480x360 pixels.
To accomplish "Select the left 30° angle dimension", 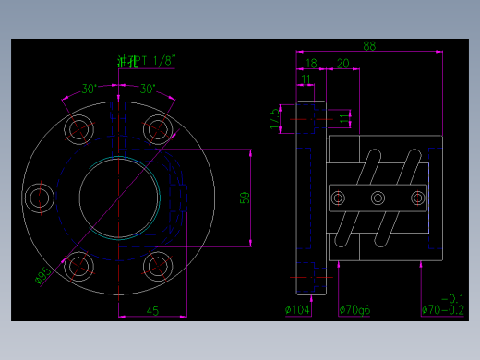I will [x=90, y=90].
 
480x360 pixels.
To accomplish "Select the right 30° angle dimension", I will [x=147, y=90].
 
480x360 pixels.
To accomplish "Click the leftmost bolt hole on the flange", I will [x=40, y=198].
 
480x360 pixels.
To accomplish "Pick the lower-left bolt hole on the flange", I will [x=78, y=268].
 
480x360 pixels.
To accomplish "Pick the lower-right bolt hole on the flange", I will [x=158, y=268].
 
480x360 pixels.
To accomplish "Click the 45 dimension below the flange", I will [x=153, y=310].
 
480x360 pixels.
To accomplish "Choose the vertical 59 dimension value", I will [x=245, y=198].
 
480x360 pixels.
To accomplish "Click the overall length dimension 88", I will [x=369, y=46].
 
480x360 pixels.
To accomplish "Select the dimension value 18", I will [x=311, y=64].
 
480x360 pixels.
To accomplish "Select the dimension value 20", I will [x=342, y=64].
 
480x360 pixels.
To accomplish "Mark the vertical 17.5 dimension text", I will [x=274, y=118].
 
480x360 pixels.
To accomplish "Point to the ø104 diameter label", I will [x=297, y=309].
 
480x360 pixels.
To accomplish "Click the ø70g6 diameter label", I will [x=354, y=309].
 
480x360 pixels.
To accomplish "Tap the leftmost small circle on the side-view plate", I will [x=339, y=198].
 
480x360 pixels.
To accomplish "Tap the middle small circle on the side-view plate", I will [x=378, y=198].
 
